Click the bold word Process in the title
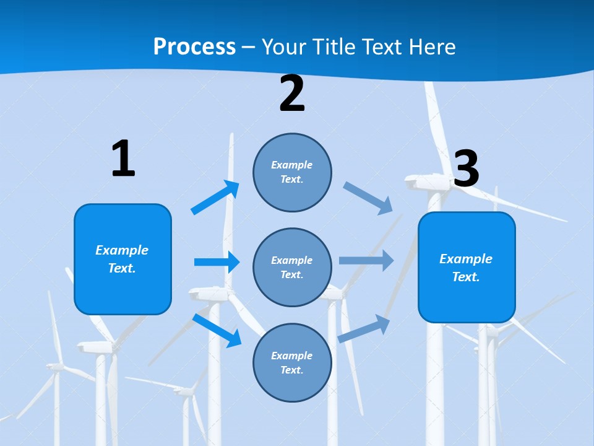click(x=194, y=47)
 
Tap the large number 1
click(x=123, y=159)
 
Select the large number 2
click(x=292, y=94)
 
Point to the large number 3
click(x=467, y=169)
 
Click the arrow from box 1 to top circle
click(x=215, y=198)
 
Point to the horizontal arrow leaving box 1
click(x=216, y=262)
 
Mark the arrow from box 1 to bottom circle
click(x=217, y=330)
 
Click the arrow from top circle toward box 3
click(x=368, y=198)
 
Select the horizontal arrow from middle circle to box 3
click(x=366, y=260)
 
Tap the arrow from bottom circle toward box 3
click(x=364, y=328)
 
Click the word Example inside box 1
click(x=122, y=250)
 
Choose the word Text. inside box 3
click(x=466, y=277)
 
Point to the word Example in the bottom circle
click(x=292, y=356)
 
